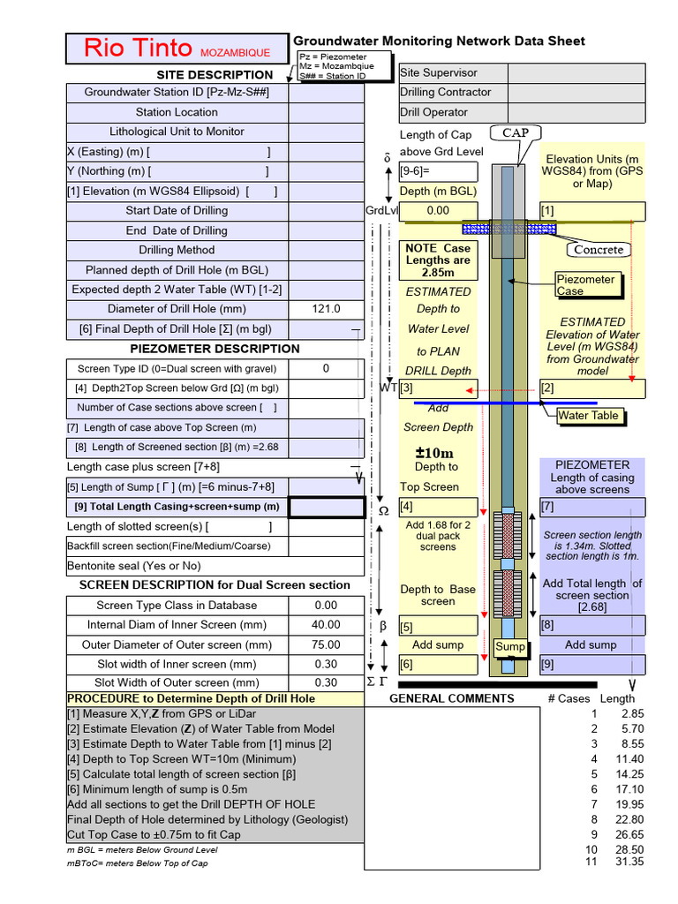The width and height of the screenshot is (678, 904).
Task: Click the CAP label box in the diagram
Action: [x=516, y=132]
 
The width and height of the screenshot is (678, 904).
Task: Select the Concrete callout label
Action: [x=598, y=249]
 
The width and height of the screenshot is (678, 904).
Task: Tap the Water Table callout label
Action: [x=588, y=415]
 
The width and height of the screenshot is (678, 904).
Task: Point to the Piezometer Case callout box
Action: [x=585, y=285]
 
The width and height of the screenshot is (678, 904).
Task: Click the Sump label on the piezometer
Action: [x=510, y=647]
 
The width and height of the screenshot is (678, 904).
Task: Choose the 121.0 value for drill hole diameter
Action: [x=326, y=309]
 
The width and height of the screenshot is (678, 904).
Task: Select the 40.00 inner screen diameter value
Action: [x=326, y=625]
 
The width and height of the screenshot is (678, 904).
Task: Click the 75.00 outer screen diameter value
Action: [x=326, y=644]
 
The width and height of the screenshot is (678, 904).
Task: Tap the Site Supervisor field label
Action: [x=439, y=72]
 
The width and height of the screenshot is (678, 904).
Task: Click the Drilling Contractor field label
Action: [x=445, y=92]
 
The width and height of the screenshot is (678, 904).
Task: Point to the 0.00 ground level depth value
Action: [x=438, y=211]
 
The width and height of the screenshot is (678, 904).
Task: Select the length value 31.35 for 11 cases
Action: [x=630, y=863]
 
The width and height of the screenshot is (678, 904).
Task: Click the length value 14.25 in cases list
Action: [x=630, y=773]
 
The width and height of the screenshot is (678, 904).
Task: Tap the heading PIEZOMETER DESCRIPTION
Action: [x=215, y=349]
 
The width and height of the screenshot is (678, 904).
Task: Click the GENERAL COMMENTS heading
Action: [x=452, y=698]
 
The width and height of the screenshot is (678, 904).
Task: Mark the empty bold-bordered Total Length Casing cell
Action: [x=326, y=507]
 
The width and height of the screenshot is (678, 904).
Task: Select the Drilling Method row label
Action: [x=177, y=250]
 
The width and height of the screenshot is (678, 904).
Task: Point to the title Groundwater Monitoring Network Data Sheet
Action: [x=439, y=41]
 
